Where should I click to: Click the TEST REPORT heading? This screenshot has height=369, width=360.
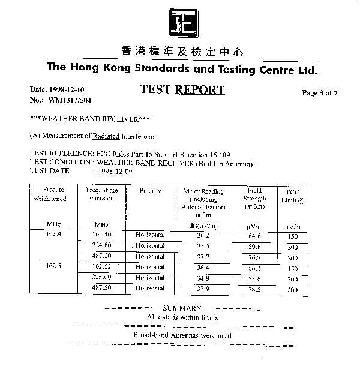(x=182, y=90)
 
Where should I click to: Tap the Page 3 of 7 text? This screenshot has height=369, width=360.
(x=320, y=93)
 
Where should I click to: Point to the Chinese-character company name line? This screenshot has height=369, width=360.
(x=182, y=52)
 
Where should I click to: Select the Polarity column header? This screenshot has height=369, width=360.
(x=150, y=191)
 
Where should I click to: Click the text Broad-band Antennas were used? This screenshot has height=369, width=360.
(x=182, y=335)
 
